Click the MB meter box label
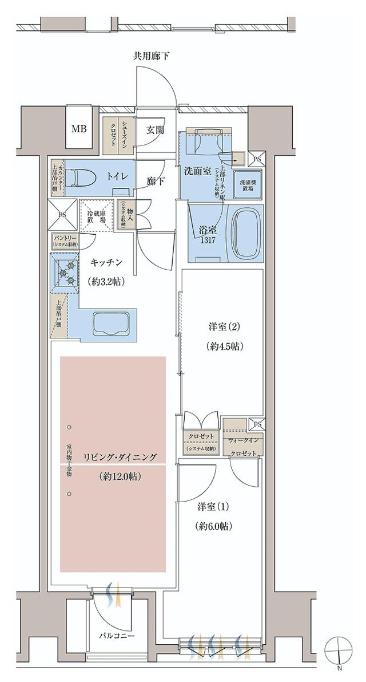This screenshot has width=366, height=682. [x=79, y=128]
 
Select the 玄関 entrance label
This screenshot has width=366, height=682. [x=154, y=129]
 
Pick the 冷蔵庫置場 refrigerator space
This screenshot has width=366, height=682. [x=96, y=215]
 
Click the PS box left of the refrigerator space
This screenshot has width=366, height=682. [x=61, y=215]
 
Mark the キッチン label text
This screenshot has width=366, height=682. [x=107, y=262]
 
